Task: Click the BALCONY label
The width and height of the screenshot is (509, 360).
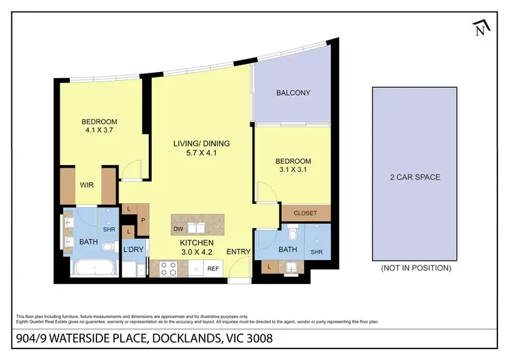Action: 293,93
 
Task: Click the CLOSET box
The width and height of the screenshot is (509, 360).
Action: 305,213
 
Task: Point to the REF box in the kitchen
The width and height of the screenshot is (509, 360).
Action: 212,269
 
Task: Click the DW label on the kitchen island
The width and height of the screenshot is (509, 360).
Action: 177,230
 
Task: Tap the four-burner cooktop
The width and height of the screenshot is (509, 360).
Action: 168,269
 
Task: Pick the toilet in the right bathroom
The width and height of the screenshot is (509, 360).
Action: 292,235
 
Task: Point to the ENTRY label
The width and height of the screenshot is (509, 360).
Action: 239,252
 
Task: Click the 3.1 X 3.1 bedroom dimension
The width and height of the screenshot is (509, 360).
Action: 293,170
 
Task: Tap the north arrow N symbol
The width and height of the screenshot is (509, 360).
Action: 480,28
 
